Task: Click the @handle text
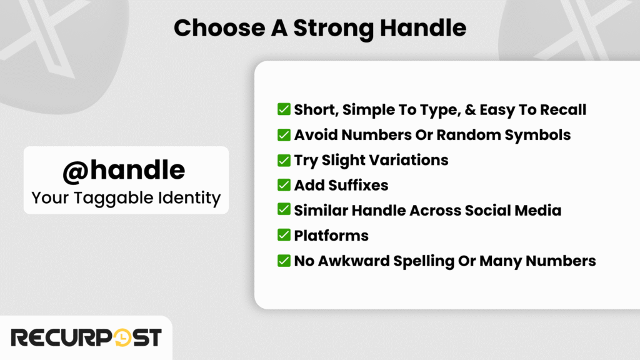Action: (x=123, y=170)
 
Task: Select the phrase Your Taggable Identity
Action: (x=126, y=198)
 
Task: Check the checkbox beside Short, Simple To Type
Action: (x=284, y=109)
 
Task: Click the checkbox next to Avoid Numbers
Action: (x=284, y=134)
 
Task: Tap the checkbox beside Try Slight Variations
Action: (x=284, y=160)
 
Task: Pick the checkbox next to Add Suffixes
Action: (x=284, y=185)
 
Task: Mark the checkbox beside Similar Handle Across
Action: (x=284, y=210)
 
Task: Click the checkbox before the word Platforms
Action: (x=284, y=236)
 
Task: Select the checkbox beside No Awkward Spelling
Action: (x=284, y=261)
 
